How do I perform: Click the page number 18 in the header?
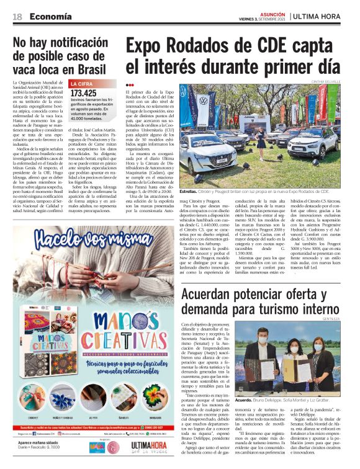(18, 17)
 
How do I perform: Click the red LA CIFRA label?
(82, 84)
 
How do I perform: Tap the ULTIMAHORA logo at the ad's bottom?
(148, 447)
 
